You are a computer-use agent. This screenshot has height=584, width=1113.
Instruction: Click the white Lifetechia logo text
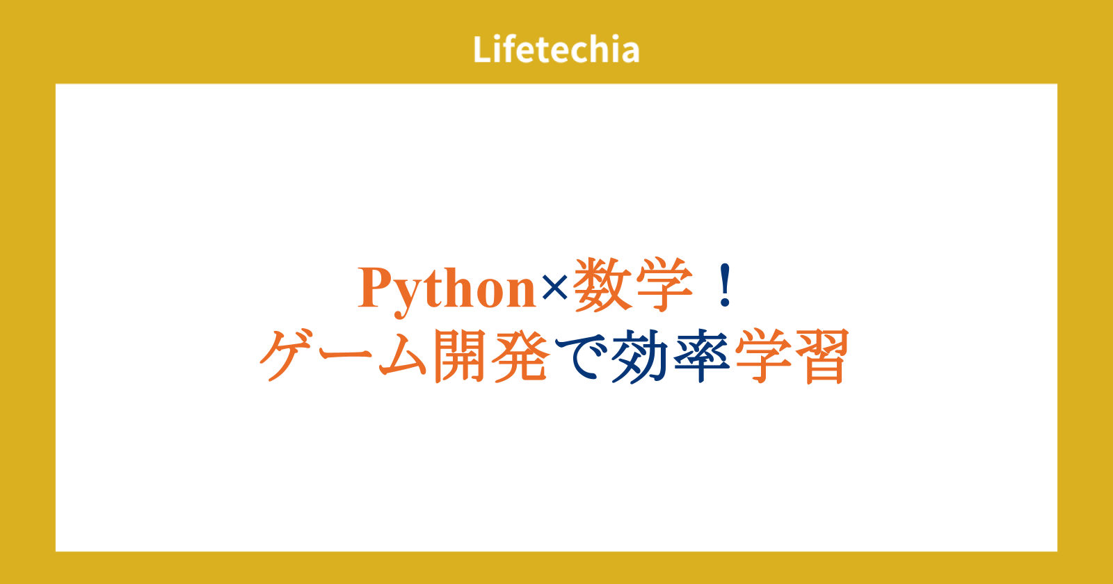[556, 49]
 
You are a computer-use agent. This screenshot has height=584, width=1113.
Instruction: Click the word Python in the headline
[446, 291]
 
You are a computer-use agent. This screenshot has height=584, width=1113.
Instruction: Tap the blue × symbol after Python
[554, 288]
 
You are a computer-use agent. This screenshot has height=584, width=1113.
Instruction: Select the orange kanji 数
[602, 285]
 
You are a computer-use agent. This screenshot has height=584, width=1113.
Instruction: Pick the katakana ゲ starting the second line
[288, 355]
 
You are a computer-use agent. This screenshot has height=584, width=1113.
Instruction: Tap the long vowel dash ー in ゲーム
[347, 353]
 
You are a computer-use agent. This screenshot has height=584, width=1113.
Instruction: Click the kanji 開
[459, 355]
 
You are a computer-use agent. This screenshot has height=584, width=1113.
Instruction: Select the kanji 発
[521, 355]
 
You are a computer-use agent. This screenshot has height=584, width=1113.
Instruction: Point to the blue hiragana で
[582, 356]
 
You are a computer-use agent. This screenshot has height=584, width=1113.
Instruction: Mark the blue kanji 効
[641, 356]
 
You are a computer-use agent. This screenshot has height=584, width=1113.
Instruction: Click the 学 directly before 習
[764, 355]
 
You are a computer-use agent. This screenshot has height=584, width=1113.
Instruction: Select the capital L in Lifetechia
[483, 49]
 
